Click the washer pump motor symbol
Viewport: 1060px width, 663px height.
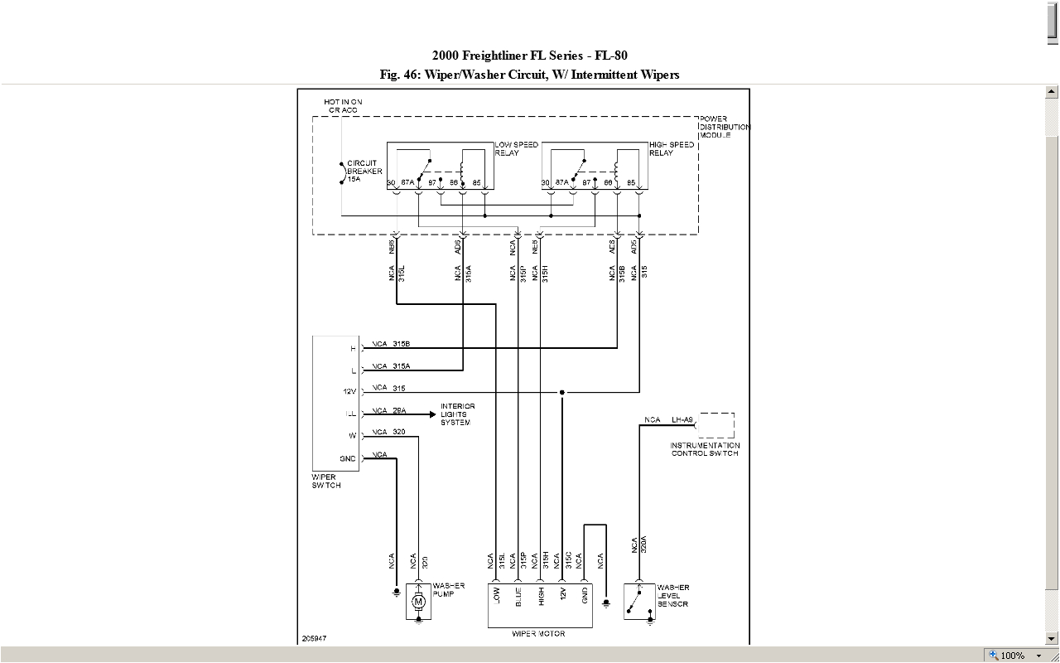pos(418,602)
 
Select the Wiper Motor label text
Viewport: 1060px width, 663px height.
pos(538,634)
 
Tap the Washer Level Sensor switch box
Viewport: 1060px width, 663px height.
pos(638,601)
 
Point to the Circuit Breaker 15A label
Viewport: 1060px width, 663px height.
pos(364,171)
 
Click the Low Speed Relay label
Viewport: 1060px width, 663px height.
pos(516,149)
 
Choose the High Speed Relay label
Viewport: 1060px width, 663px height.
pos(671,149)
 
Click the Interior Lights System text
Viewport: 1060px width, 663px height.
pos(457,414)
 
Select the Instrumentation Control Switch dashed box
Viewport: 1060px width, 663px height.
pos(715,425)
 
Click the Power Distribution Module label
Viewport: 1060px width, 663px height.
pos(724,127)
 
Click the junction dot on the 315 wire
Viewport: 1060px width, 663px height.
pos(562,392)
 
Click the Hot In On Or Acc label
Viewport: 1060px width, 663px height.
pos(343,106)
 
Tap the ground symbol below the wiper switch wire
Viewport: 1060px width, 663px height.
pos(397,592)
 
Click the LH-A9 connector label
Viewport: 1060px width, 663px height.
pos(682,420)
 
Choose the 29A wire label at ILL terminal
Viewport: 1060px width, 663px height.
pos(399,410)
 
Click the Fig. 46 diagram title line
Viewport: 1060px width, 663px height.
pos(529,75)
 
